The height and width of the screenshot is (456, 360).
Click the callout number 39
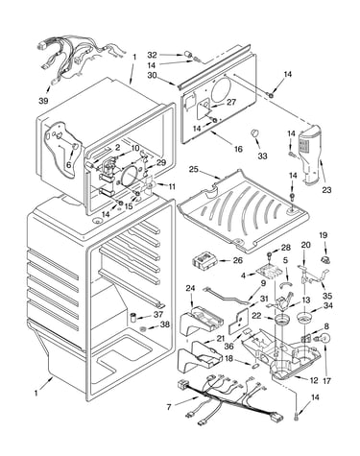pyautogui.click(x=43, y=101)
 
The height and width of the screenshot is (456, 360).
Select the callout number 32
pyautogui.click(x=153, y=56)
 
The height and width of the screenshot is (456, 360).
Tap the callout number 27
pyautogui.click(x=231, y=102)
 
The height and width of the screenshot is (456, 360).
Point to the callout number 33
pyautogui.click(x=262, y=156)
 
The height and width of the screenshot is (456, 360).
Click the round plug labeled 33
pyautogui.click(x=254, y=133)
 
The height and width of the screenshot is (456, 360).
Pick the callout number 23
pyautogui.click(x=326, y=190)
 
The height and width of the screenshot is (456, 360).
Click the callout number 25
pyautogui.click(x=194, y=169)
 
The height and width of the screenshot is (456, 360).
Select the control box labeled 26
pyautogui.click(x=204, y=259)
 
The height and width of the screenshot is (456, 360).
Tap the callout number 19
pyautogui.click(x=324, y=235)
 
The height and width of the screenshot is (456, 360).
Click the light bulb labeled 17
pyautogui.click(x=324, y=339)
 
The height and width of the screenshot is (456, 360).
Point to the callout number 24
pyautogui.click(x=190, y=289)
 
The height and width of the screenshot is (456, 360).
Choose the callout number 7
pyautogui.click(x=169, y=407)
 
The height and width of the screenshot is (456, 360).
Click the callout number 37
pyautogui.click(x=158, y=315)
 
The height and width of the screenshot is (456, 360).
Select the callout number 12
pyautogui.click(x=314, y=380)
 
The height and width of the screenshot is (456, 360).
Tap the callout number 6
pyautogui.click(x=68, y=165)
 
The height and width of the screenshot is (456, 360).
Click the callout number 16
pyautogui.click(x=238, y=149)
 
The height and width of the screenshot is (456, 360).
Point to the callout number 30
pyautogui.click(x=153, y=76)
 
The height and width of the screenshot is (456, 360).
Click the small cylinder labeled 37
pyautogui.click(x=133, y=318)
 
